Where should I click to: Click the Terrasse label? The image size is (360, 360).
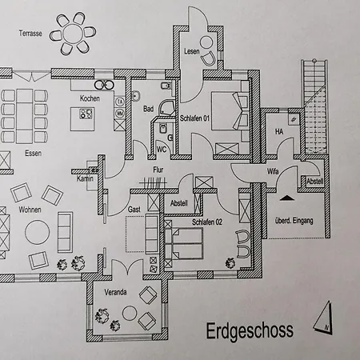tap(30, 34)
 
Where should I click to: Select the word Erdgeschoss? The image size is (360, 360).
tap(250, 331)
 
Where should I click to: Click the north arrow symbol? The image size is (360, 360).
tap(324, 318)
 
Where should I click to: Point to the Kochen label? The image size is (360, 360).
tap(90, 98)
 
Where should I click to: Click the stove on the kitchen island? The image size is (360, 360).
tap(86, 114)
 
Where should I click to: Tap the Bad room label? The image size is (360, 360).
tap(148, 109)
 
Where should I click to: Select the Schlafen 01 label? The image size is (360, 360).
tap(194, 118)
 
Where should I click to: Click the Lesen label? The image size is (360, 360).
tap(192, 51)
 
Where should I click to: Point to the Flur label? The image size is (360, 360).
tap(158, 170)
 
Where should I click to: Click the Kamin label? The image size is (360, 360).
tap(85, 178)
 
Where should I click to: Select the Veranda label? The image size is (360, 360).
tap(115, 292)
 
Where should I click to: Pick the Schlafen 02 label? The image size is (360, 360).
tap(207, 222)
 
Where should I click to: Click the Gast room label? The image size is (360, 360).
tap(134, 210)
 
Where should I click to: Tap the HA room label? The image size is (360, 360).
tap(279, 131)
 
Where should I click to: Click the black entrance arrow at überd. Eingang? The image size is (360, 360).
tap(287, 198)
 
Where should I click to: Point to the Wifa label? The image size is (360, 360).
tap(273, 171)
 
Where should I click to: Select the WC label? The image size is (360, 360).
tap(162, 150)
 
